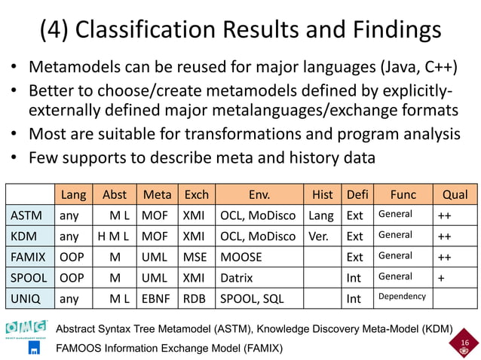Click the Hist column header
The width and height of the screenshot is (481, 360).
click(322, 194)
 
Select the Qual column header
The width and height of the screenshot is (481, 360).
click(455, 194)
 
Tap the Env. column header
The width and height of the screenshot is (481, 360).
click(259, 194)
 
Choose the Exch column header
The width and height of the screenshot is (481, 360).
click(196, 194)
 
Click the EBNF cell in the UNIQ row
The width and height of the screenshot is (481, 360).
click(158, 299)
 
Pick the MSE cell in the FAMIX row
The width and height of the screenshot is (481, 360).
click(195, 257)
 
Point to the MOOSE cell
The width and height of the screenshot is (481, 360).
click(241, 257)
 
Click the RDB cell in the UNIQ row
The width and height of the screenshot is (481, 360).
click(195, 299)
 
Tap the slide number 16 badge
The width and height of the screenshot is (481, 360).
click(464, 345)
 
